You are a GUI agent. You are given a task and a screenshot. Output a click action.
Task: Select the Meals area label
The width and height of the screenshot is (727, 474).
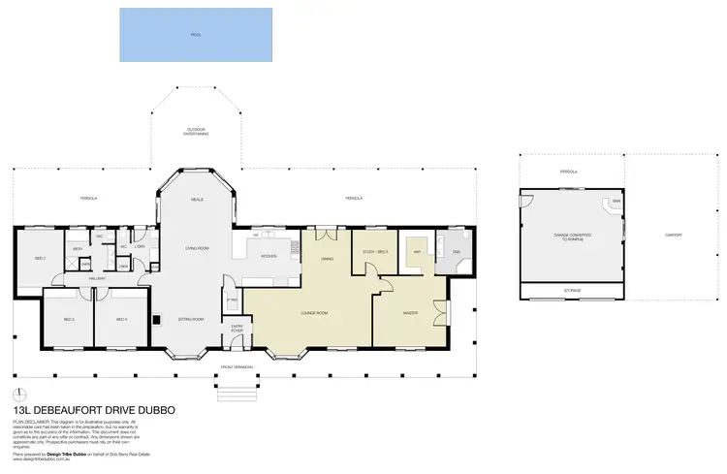[196, 199]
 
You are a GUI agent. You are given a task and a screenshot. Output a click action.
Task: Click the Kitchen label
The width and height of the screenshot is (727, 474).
[269, 256]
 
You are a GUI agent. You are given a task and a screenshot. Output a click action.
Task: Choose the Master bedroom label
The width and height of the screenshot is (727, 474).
[409, 312]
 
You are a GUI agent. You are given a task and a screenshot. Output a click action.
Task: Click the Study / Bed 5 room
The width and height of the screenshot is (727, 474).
[375, 252]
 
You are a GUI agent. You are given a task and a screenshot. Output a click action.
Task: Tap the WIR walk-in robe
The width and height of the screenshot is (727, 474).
[417, 251]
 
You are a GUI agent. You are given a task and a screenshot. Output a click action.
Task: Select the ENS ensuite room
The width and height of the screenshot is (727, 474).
[455, 252]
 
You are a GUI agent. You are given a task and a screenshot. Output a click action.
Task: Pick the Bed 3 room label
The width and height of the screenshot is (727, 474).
[69, 319]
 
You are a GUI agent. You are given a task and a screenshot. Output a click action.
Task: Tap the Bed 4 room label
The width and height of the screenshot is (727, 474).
[121, 319]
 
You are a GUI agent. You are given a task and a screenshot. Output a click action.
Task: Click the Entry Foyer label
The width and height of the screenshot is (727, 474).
[237, 329]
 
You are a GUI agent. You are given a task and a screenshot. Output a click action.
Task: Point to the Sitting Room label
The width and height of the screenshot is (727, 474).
[191, 319]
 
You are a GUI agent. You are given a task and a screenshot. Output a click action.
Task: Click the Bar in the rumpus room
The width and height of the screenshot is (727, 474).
[616, 203]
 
